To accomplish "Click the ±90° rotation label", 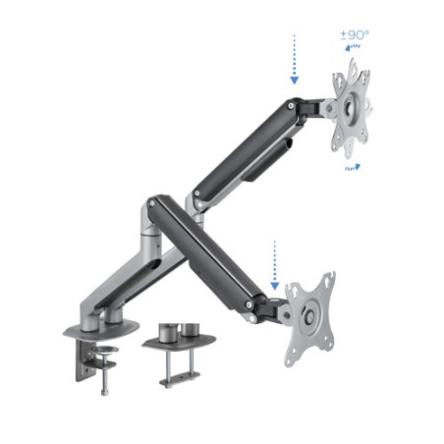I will click(x=355, y=36).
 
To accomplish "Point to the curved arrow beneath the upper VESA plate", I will click(x=352, y=168).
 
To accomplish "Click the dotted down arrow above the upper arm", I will click(x=292, y=62).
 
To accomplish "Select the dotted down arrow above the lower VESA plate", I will click(x=275, y=258).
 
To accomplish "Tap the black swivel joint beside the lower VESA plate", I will click(x=275, y=310).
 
